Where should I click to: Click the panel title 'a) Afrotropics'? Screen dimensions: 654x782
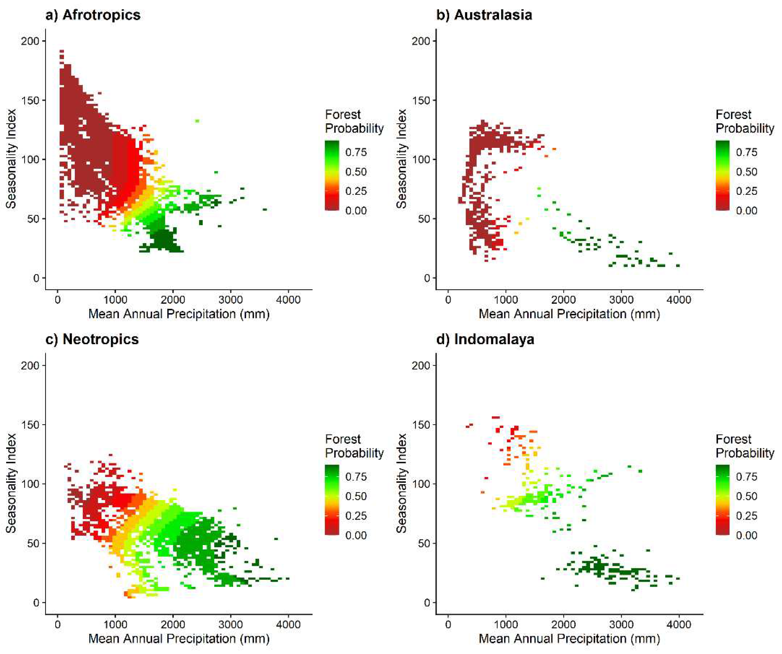pos(93,15)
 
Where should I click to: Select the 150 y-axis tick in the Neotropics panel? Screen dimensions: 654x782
pos(30,425)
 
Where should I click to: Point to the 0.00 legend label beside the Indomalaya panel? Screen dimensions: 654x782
pos(746,535)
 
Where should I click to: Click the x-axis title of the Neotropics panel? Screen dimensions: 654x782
pos(179,639)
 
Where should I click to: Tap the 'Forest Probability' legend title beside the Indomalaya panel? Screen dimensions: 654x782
pos(745,446)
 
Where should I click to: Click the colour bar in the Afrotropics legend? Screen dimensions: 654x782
pos(332,175)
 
